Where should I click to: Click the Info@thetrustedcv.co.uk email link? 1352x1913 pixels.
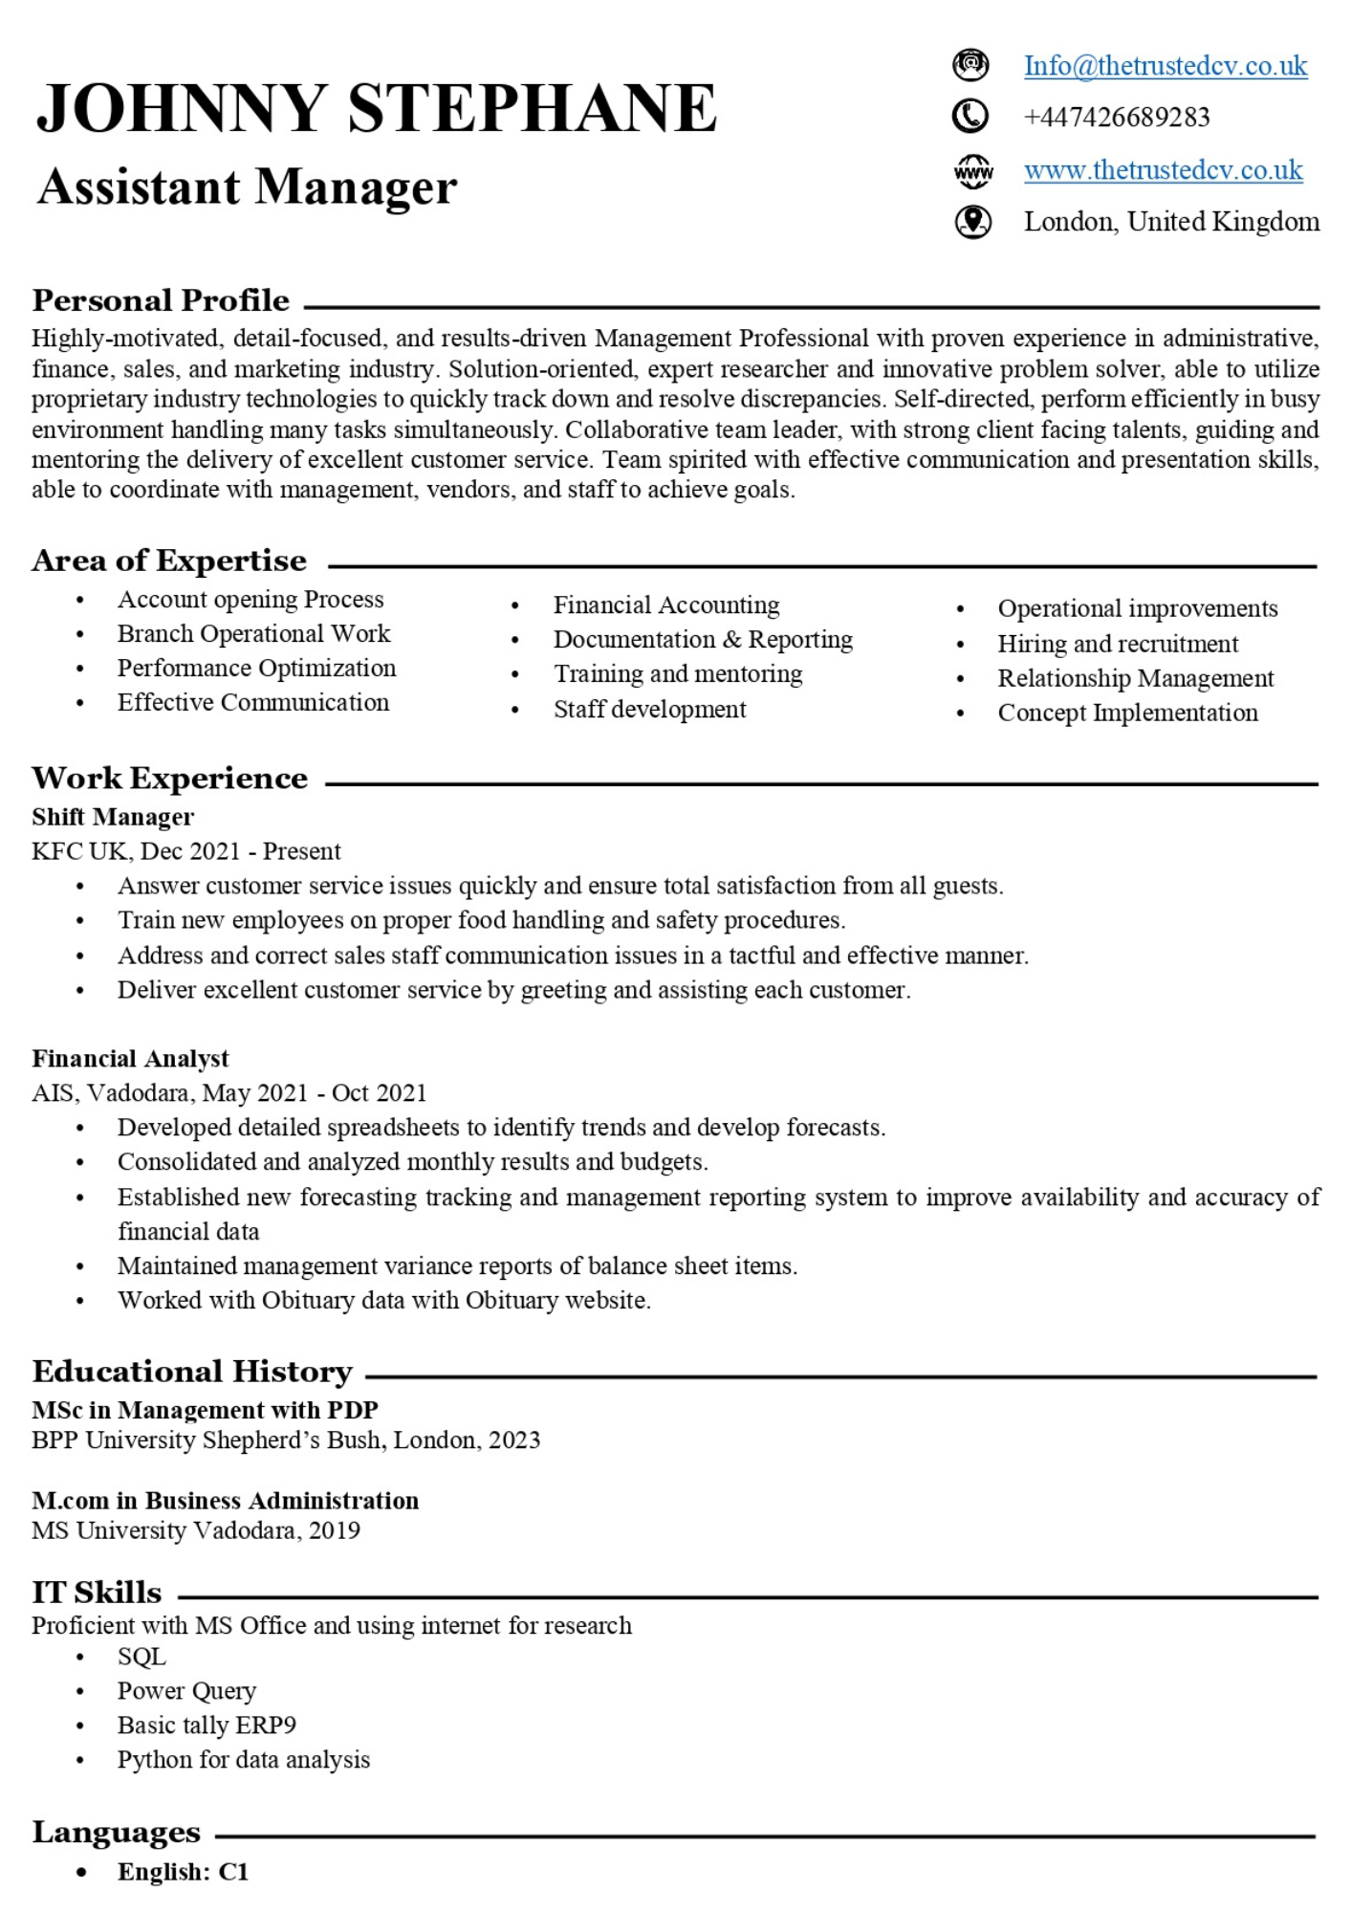[1165, 66]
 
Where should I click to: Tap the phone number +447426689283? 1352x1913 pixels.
[1116, 118]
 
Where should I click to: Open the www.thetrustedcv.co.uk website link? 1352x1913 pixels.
[1163, 170]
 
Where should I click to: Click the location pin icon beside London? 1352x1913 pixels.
[972, 222]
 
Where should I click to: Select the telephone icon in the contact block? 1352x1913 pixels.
[970, 117]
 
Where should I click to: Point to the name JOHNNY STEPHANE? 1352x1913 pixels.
[376, 108]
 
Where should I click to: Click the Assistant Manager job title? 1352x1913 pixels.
[247, 187]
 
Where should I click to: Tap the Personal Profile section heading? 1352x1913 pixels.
[161, 301]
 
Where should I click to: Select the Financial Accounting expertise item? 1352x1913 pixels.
[665, 605]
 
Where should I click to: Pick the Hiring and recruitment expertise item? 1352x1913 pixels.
[1117, 644]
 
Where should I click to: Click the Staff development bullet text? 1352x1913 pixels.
[649, 710]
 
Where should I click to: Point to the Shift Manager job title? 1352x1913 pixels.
[113, 817]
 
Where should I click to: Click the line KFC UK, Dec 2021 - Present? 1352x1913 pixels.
[185, 851]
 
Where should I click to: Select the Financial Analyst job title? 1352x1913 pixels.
[130, 1059]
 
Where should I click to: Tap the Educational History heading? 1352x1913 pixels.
[192, 1372]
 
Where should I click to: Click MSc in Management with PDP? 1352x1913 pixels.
[205, 1410]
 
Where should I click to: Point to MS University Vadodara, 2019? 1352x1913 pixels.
[195, 1530]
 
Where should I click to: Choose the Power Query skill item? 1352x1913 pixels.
[186, 1691]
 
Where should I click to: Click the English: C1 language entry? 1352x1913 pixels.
[183, 1872]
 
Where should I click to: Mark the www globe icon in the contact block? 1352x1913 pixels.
[972, 171]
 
